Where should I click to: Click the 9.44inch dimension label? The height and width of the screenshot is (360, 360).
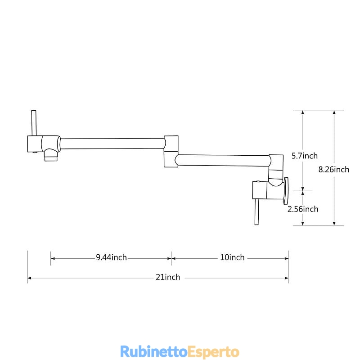point(111,257)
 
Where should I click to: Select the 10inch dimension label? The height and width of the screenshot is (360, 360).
point(232,257)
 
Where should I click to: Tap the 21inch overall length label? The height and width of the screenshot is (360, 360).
point(168,277)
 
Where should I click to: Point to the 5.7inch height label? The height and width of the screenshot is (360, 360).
point(305,156)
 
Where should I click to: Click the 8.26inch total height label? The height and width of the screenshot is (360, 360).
point(334,170)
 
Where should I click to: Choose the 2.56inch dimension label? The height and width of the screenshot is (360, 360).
point(303,209)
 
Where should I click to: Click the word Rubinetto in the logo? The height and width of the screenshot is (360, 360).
point(154,351)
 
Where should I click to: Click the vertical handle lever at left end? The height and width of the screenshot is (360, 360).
point(34,123)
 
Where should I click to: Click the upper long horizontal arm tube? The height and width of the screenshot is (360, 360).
point(112,144)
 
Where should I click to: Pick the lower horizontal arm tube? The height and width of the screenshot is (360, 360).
point(223,160)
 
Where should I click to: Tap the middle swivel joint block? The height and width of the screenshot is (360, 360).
point(171,152)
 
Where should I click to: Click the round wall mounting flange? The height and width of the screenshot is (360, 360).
point(286,191)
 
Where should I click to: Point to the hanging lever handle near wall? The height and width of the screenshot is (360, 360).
point(256,211)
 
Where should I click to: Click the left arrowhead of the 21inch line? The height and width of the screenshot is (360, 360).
point(29,278)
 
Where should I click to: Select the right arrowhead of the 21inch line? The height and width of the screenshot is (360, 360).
point(287,278)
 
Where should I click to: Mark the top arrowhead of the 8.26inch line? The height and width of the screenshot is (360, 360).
point(334,112)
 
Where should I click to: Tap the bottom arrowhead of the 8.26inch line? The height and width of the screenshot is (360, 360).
point(334,223)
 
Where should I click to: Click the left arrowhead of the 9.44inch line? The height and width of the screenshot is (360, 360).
point(53,258)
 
